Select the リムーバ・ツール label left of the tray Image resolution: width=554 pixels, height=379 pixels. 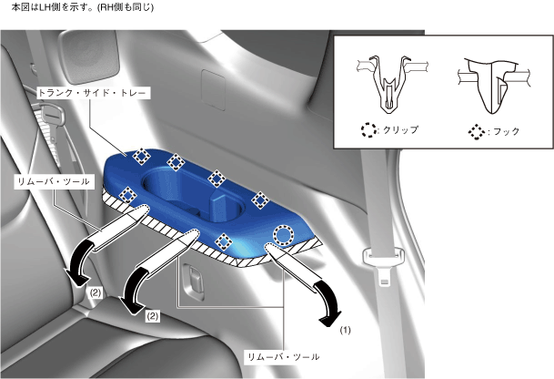point(54,181)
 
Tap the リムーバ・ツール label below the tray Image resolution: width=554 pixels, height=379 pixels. point(281,349)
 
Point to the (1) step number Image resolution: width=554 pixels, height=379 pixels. point(345,331)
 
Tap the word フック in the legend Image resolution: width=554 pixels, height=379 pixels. point(505,131)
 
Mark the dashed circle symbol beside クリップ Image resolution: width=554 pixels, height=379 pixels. point(368,130)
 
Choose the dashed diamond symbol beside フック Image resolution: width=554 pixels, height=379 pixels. point(477,131)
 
